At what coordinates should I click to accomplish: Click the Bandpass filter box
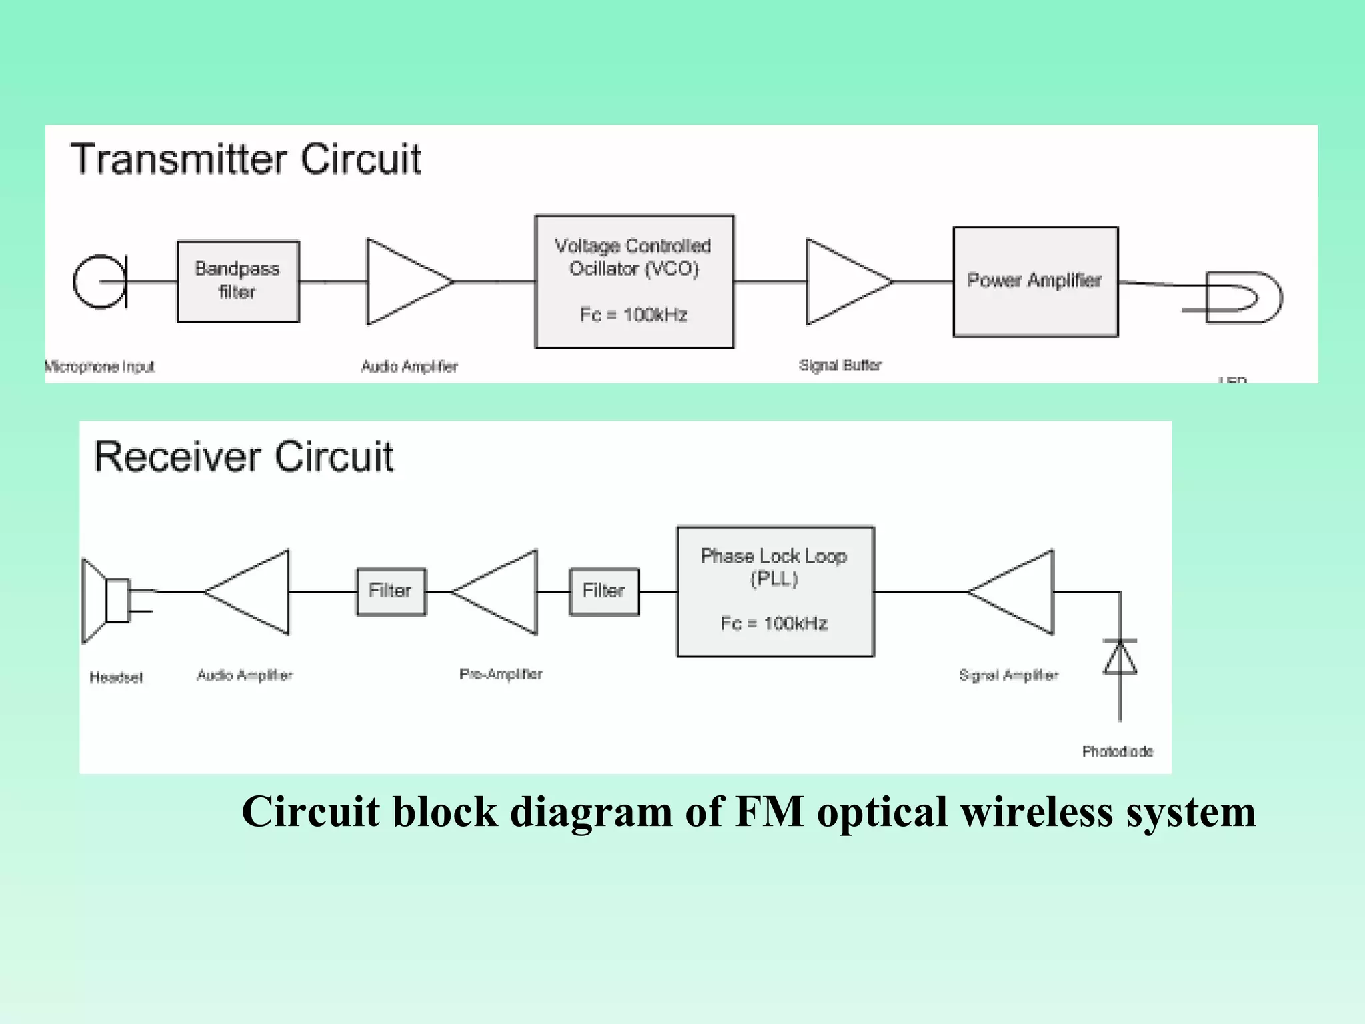[238, 281]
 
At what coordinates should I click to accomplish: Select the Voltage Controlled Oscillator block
[634, 281]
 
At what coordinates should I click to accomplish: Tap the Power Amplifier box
[1035, 281]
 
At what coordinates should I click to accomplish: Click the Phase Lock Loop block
[774, 591]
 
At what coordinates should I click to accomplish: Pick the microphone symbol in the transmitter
[101, 281]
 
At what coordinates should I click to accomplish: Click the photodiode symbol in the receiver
[1120, 658]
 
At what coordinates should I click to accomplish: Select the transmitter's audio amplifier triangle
[404, 281]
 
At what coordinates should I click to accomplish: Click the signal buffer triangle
[842, 281]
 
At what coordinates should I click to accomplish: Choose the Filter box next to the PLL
[603, 591]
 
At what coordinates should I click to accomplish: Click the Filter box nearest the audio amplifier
[391, 591]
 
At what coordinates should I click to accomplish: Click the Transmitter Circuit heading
[246, 159]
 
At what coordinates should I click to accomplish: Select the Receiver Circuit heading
[243, 457]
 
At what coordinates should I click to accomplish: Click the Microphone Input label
[100, 366]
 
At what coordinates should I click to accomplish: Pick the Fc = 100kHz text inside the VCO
[633, 315]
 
